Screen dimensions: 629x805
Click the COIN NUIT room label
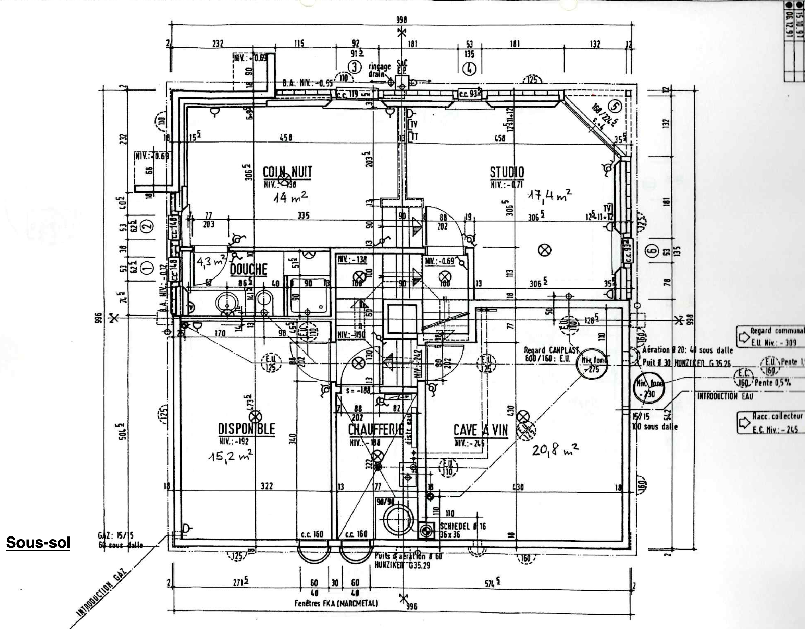[x=287, y=172]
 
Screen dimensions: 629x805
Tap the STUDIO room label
[x=507, y=172]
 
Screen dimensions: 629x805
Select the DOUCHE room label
[x=248, y=270]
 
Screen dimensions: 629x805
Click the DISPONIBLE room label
[x=247, y=429]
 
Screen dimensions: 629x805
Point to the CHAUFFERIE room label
[x=375, y=430]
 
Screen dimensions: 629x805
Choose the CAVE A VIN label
[x=480, y=430]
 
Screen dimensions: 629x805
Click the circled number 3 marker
[x=355, y=67]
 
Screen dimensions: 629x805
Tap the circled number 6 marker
[x=651, y=251]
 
